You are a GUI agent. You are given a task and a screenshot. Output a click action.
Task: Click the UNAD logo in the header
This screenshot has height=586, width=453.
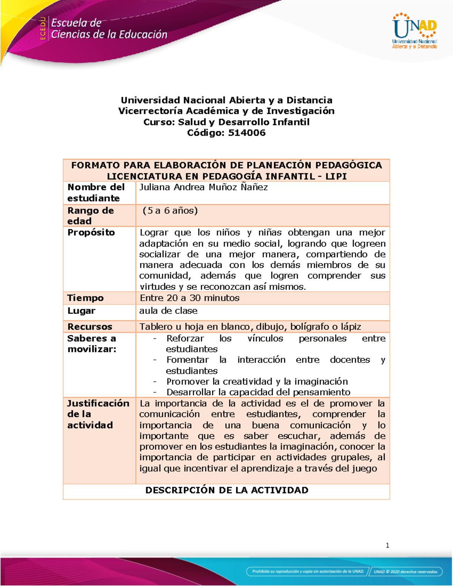[414, 31]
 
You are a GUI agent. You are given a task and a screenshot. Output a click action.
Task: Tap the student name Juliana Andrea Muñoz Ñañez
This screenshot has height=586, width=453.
[203, 187]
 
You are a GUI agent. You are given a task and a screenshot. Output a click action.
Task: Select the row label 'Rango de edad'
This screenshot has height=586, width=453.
[91, 215]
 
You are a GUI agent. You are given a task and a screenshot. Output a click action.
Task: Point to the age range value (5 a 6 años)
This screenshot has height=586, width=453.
[170, 211]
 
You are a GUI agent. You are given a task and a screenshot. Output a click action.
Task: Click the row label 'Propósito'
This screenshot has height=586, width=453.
[91, 232]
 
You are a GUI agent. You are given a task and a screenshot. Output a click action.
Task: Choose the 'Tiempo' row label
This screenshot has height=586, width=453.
[85, 298]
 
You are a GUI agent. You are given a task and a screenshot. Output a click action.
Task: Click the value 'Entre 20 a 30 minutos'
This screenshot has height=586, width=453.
[190, 298]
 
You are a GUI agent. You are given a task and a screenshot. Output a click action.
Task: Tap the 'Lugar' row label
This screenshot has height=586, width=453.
[81, 311]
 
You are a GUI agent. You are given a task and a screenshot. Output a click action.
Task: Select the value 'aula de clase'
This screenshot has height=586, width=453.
[168, 311]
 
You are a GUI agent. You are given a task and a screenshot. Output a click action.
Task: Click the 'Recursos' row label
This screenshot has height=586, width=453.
[90, 327]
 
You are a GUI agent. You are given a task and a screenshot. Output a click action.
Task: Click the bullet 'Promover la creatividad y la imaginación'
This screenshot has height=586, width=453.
[257, 381]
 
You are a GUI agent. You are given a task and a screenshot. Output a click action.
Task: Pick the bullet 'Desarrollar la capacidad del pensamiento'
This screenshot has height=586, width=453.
[258, 392]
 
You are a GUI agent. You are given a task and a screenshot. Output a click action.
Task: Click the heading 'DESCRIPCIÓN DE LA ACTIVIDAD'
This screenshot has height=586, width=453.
[226, 490]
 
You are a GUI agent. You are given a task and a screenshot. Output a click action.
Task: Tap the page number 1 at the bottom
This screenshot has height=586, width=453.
[387, 545]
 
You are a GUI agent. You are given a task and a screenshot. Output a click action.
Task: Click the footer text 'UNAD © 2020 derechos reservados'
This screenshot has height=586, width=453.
[405, 572]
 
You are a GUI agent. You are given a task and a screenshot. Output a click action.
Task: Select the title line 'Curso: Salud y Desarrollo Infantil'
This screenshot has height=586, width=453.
[226, 122]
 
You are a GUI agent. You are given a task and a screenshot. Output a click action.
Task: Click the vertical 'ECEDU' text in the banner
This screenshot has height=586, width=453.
[43, 29]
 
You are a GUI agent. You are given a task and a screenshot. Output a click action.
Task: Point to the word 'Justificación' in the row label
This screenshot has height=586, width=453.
[98, 403]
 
